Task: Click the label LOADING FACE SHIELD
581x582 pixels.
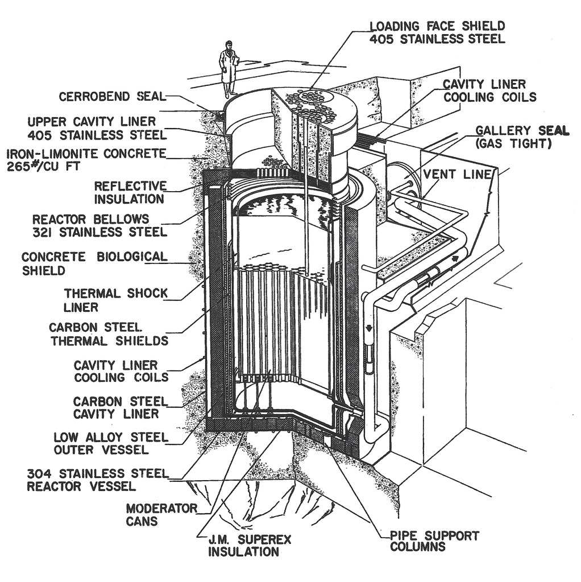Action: pos(437,27)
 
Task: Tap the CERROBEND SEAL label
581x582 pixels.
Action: pos(111,97)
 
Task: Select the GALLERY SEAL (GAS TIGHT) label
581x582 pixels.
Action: pos(521,137)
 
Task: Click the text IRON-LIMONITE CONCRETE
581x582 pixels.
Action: pos(86,154)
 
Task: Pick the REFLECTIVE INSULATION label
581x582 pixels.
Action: pos(130,192)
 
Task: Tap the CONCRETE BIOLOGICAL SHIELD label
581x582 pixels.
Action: pos(94,263)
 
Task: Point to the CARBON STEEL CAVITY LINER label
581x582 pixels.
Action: pos(120,407)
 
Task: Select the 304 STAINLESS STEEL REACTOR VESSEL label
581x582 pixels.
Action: pos(98,480)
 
